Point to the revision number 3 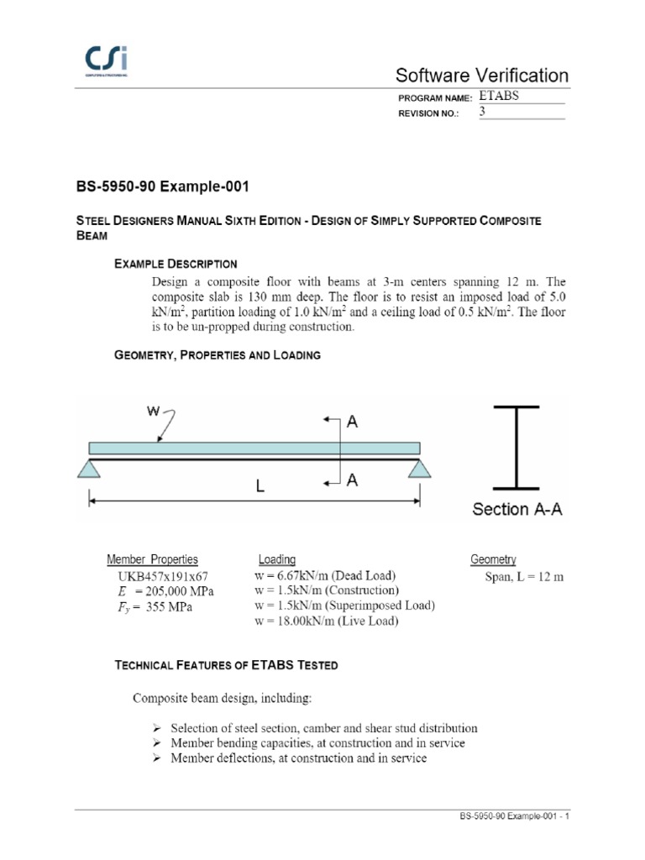483,112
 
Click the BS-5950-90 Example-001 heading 162,185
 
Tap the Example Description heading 176,264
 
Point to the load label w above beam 154,412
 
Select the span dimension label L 260,486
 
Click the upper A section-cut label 352,423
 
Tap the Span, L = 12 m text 524,577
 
